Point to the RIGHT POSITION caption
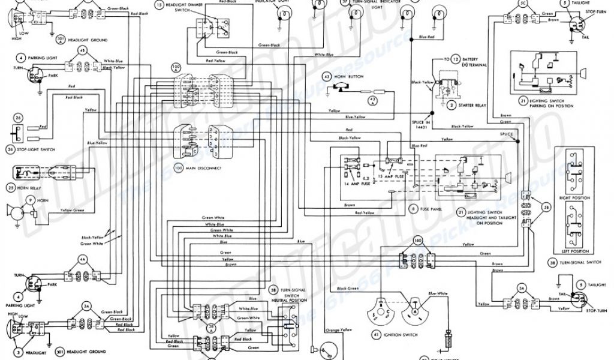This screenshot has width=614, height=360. (574, 196)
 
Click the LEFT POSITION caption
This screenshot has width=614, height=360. (574, 251)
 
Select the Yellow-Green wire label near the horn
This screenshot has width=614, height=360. (73, 210)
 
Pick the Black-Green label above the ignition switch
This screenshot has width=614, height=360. (347, 289)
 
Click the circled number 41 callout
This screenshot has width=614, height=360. (377, 333)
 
